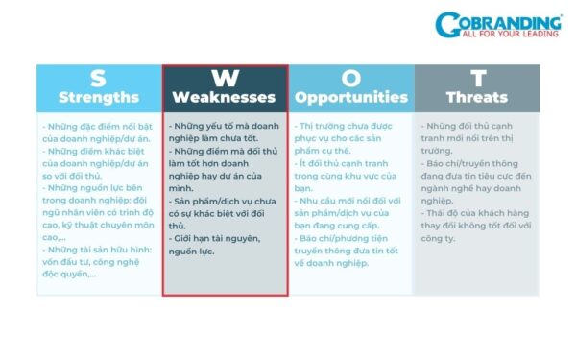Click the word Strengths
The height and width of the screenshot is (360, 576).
tap(99, 97)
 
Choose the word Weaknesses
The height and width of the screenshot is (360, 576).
tap(224, 97)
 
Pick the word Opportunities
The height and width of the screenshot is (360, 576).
tap(351, 97)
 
